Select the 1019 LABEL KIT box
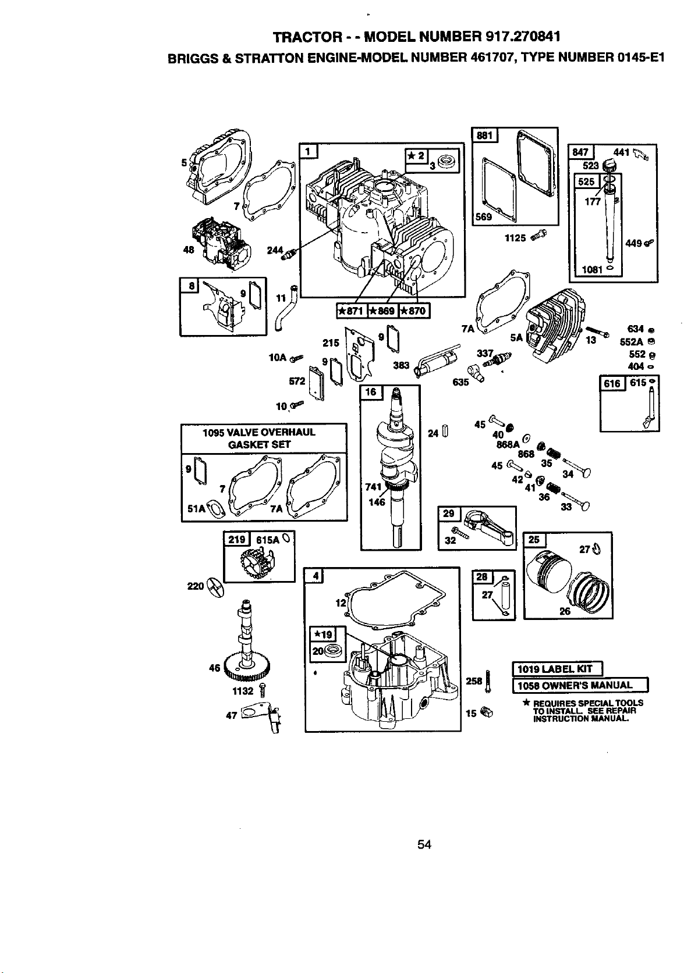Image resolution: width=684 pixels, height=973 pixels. tap(558, 669)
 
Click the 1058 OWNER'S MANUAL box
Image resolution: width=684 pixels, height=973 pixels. tap(580, 686)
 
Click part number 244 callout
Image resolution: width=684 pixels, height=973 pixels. tap(275, 250)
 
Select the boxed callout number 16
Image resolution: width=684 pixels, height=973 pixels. tap(371, 392)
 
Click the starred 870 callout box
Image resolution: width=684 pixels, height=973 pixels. tap(414, 311)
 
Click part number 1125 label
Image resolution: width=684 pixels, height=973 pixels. tap(515, 238)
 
